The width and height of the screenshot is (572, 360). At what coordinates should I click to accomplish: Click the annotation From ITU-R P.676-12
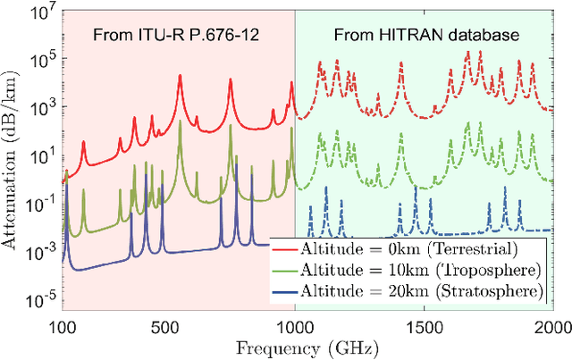click(175, 38)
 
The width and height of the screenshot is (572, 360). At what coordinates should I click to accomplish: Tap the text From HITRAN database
click(424, 38)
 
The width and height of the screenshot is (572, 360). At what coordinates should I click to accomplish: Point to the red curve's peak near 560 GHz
click(180, 76)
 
